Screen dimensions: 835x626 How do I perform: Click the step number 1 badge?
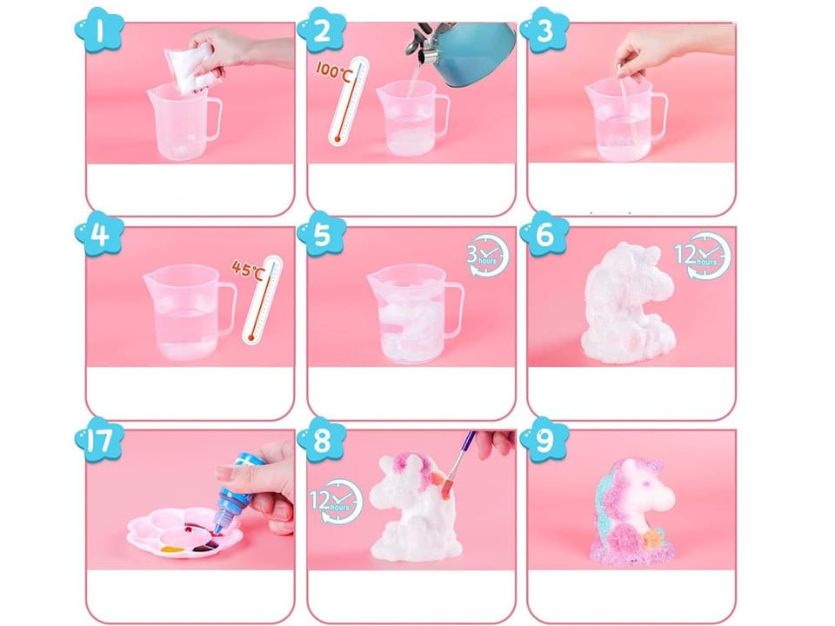click(99, 30)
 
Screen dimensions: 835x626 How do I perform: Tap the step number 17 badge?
click(99, 440)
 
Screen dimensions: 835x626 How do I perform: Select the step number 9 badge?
click(544, 440)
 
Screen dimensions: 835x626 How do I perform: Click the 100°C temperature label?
click(333, 70)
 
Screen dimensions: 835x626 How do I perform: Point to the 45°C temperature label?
click(248, 269)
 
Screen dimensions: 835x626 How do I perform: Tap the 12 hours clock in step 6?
click(703, 255)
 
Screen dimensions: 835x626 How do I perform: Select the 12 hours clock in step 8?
click(337, 501)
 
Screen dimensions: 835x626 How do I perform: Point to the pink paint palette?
click(184, 532)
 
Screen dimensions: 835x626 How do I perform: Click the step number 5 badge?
click(322, 235)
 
